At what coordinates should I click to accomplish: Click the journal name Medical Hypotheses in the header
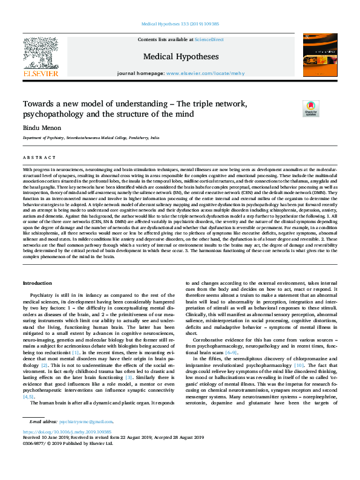181,57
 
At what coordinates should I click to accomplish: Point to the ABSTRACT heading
36,157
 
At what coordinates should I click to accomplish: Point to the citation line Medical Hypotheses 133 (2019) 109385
180,24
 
